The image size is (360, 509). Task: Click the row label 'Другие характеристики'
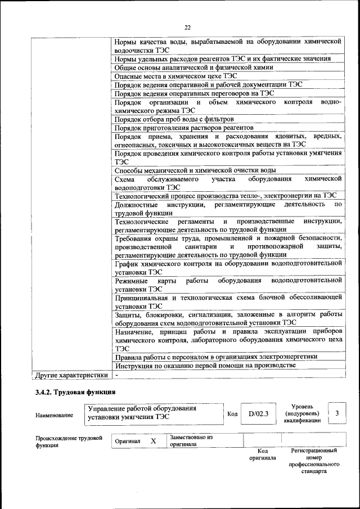(71, 375)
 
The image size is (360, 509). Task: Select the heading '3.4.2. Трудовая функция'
(75, 392)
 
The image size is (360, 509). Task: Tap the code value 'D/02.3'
(259, 414)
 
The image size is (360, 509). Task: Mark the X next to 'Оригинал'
(153, 442)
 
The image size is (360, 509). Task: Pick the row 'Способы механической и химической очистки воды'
(195, 170)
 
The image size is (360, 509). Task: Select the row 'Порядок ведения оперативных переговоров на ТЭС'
(194, 93)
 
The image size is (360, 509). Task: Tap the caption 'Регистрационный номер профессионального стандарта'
(314, 461)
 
